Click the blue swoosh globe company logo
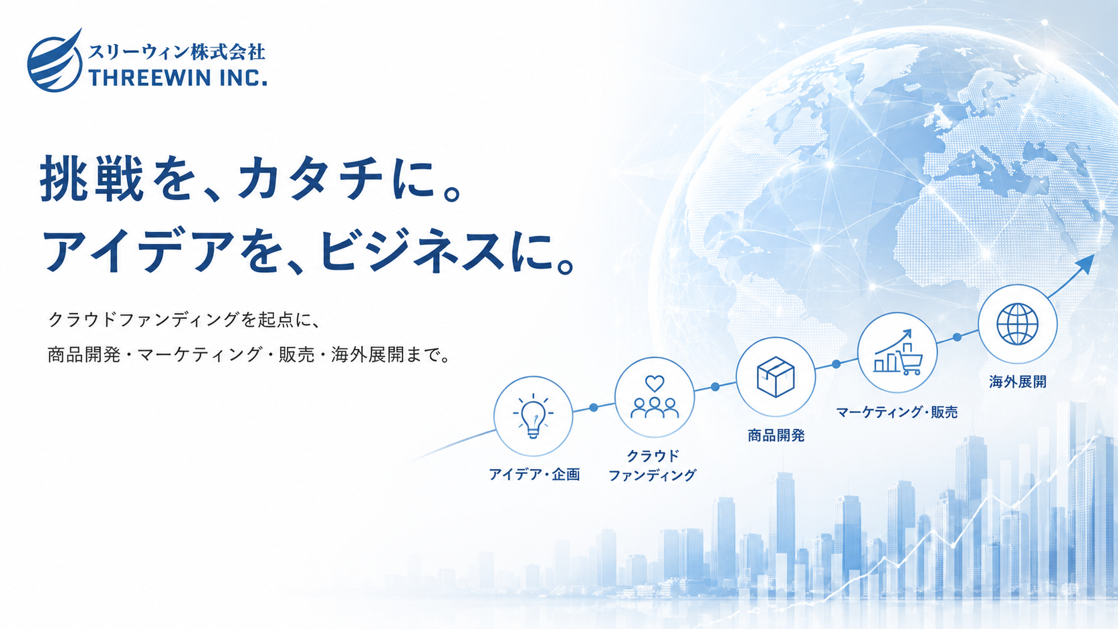click(55, 61)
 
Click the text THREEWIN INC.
click(178, 78)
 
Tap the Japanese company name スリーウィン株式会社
click(177, 51)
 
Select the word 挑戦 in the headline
click(92, 178)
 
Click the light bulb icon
click(533, 416)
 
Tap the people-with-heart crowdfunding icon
click(655, 396)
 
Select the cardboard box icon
click(776, 376)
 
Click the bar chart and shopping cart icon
click(897, 352)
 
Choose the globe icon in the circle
click(1018, 324)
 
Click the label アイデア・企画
click(534, 475)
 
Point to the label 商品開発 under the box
click(776, 435)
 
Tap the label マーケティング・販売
click(897, 412)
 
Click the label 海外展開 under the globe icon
click(1018, 382)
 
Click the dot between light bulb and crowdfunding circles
click(594, 408)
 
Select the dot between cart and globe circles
click(957, 337)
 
